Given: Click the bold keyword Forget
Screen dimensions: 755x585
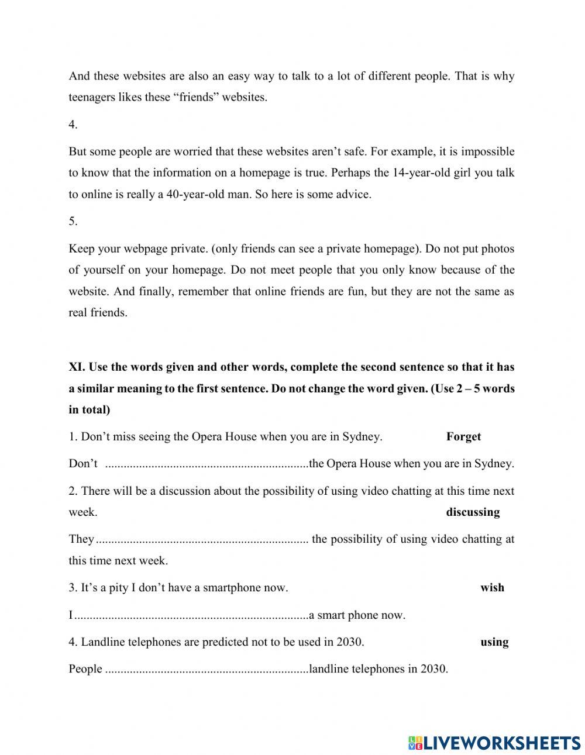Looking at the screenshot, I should click(x=463, y=436).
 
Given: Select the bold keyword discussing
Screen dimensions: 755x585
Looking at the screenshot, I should click(x=473, y=512).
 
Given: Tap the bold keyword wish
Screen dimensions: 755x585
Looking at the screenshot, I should click(x=492, y=587).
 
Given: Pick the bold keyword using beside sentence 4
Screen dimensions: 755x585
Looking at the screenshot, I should click(x=494, y=642).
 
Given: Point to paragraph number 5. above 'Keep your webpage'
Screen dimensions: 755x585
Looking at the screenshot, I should click(x=73, y=221).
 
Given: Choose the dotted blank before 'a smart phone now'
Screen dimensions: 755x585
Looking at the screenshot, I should click(x=192, y=615).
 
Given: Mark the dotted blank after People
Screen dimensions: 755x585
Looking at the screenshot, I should click(x=207, y=669).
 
